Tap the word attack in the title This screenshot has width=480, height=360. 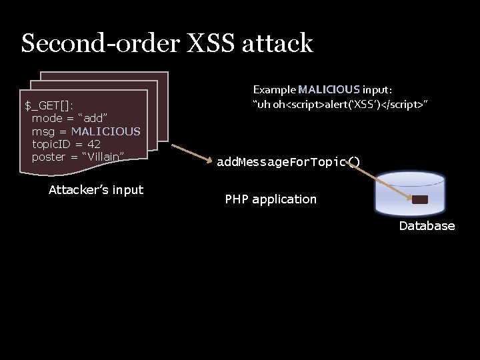click(x=283, y=43)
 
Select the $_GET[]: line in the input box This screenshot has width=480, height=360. click(x=49, y=105)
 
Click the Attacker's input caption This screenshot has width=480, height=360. click(x=96, y=190)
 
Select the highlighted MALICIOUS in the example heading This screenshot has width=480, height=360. click(x=329, y=89)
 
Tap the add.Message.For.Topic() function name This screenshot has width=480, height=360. click(x=289, y=162)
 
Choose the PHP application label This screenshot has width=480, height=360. click(x=271, y=199)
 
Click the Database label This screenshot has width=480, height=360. click(x=427, y=225)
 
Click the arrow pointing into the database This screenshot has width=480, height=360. click(x=383, y=180)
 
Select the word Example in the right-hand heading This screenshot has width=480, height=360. click(x=274, y=89)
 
